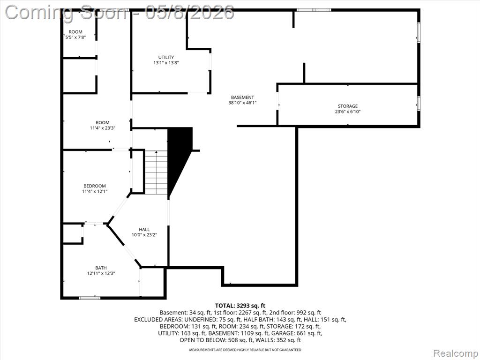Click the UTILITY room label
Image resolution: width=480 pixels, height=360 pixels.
tap(166, 57)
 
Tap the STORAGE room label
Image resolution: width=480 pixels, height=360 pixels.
tap(348, 106)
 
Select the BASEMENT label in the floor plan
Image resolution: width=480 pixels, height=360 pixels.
tap(242, 97)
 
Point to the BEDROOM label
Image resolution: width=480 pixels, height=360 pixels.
tap(95, 186)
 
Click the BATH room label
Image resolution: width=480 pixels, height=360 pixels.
tap(101, 268)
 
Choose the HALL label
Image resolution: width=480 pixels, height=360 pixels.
tap(144, 229)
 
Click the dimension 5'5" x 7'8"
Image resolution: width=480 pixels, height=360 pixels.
tap(75, 37)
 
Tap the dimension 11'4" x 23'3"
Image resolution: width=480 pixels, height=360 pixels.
tap(102, 128)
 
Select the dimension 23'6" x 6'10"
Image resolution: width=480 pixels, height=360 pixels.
tap(348, 112)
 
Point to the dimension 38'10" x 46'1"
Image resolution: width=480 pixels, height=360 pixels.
tap(242, 103)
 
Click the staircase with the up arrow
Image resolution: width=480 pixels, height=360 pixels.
tap(156, 172)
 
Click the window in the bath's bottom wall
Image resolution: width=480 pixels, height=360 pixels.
tap(90, 297)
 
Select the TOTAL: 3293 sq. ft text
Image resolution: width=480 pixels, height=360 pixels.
tap(240, 306)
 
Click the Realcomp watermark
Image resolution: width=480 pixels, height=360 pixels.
tap(456, 353)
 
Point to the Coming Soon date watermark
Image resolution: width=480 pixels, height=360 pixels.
tap(120, 13)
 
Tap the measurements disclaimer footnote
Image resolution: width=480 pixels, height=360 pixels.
tap(245, 350)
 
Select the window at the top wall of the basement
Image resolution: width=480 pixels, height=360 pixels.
tap(314, 10)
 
